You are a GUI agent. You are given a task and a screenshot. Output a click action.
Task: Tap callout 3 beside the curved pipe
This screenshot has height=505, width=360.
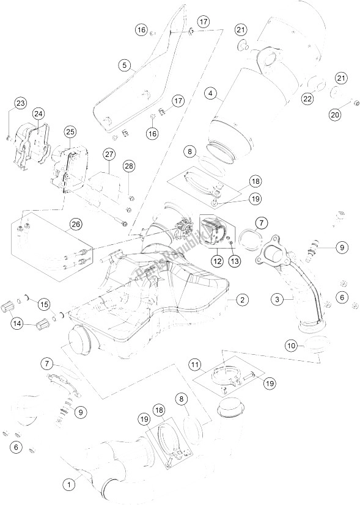pyautogui.click(x=278, y=299)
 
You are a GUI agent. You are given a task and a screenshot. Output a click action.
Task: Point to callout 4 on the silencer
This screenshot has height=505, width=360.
pyautogui.click(x=211, y=93)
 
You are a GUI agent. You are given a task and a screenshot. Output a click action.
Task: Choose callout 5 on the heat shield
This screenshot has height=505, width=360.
pyautogui.click(x=125, y=65)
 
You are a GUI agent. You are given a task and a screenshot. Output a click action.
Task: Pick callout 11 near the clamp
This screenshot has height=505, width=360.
pyautogui.click(x=195, y=366)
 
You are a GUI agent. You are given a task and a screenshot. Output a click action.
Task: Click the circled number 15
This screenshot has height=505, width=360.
pyautogui.click(x=43, y=304)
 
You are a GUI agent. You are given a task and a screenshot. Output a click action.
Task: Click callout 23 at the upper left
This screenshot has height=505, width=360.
pyautogui.click(x=21, y=104)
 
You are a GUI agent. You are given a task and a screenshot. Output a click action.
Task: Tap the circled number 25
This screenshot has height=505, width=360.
pyautogui.click(x=70, y=132)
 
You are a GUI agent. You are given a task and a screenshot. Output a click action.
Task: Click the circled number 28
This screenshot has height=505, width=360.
pyautogui.click(x=128, y=167)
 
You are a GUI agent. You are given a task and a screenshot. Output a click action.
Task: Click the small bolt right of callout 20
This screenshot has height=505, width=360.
pyautogui.click(x=354, y=102)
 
